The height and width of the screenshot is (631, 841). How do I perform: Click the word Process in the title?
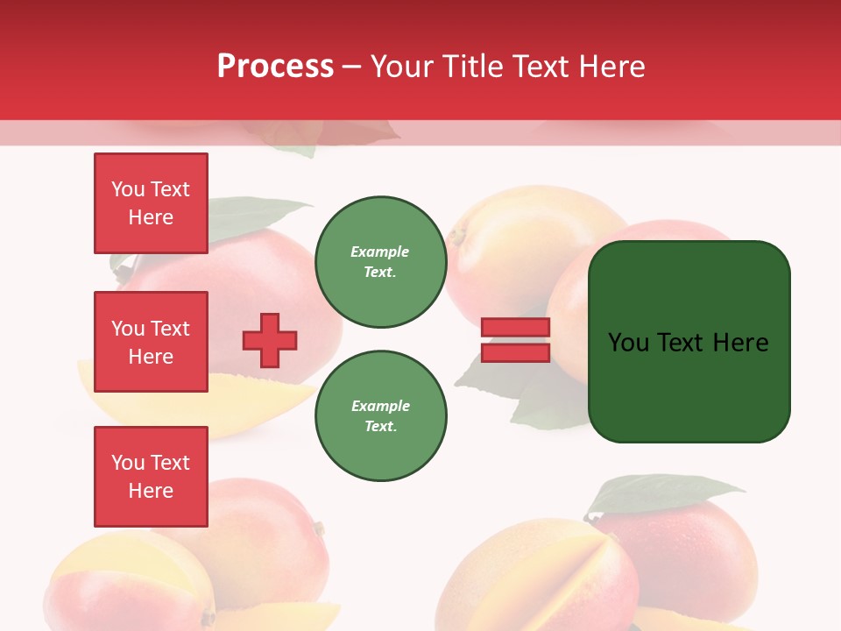point(275,67)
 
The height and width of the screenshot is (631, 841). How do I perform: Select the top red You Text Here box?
point(151,203)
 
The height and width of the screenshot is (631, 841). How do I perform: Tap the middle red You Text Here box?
point(151,342)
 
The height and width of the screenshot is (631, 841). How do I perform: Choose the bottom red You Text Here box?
point(151,477)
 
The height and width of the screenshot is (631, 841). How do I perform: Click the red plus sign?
point(270,340)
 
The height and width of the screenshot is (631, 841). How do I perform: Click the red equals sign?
point(516,340)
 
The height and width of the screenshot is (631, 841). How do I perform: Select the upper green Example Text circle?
point(380,262)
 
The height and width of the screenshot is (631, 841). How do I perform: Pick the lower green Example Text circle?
point(380,416)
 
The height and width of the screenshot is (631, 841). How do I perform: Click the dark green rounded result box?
point(689,342)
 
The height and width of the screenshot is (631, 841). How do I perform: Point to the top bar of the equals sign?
point(516,328)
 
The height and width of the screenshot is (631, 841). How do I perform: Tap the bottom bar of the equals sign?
point(516,352)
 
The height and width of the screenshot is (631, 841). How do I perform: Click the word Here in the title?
point(612,67)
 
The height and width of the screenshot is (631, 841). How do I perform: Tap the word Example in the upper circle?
point(380,252)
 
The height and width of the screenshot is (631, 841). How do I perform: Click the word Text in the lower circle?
point(380,427)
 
